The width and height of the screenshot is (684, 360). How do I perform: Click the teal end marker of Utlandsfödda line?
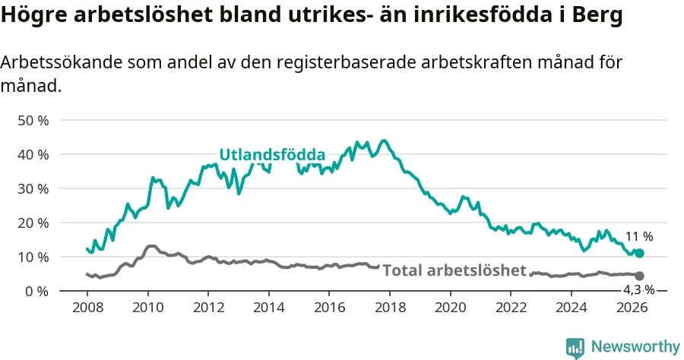639,253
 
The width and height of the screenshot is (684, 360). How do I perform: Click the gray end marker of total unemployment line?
639,276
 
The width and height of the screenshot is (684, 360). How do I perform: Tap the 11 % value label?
639,237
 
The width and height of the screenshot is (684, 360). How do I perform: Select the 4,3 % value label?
638,290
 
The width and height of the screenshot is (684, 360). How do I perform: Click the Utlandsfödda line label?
272,155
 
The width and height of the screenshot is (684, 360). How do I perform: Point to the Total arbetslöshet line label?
454,270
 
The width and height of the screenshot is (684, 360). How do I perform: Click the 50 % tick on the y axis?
33,121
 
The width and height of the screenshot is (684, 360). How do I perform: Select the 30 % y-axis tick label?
33,189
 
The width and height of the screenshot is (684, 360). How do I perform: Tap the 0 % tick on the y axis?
36,292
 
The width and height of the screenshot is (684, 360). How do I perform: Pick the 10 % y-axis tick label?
33,257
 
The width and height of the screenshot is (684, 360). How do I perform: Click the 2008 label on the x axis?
87,308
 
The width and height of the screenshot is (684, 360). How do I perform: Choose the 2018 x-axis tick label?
390,308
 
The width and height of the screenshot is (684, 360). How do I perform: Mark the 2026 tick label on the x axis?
632,308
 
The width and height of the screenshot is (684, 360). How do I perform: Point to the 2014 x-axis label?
269,308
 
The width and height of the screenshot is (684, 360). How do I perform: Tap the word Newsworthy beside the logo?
635,347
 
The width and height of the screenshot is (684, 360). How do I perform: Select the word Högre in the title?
34,16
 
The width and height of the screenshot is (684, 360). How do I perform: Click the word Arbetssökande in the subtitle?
62,62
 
